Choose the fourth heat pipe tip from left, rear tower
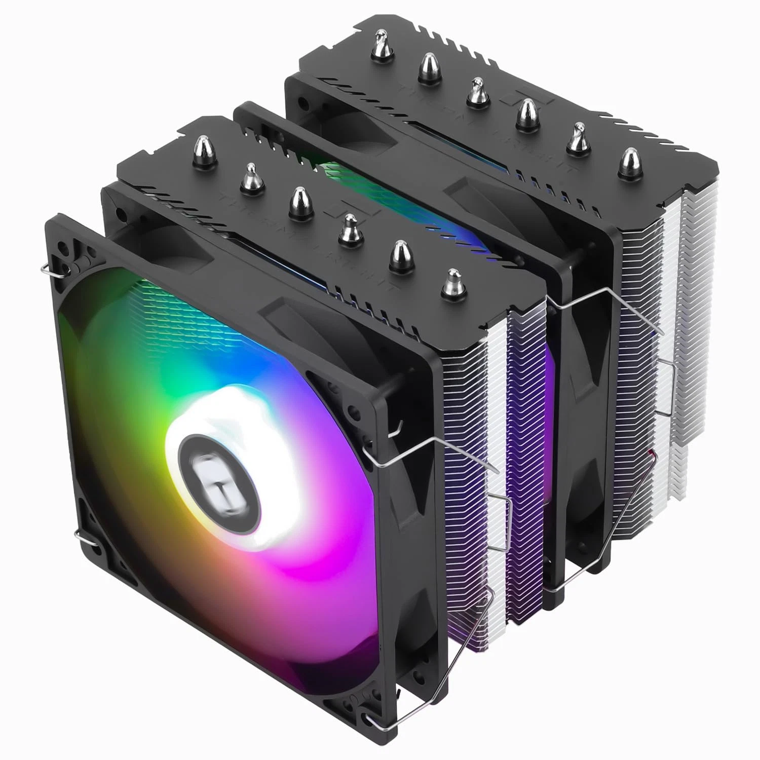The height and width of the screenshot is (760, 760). (x=527, y=114)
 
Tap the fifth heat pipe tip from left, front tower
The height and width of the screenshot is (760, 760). (x=400, y=255)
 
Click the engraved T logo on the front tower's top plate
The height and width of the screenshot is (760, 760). (x=347, y=209)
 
